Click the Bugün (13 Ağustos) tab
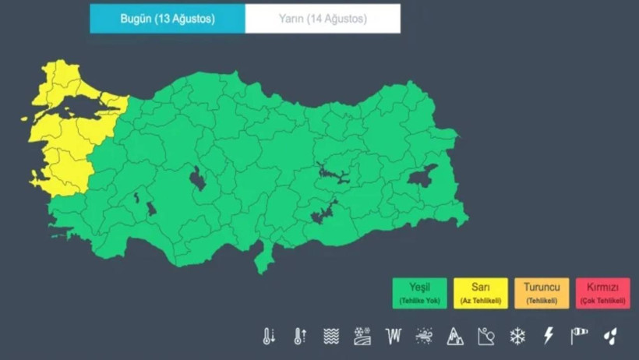(167, 19)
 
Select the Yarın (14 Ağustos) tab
(323, 19)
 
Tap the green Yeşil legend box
(420, 293)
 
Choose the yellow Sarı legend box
(480, 293)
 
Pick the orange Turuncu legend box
(542, 293)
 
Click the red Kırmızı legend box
(603, 293)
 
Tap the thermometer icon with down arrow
(269, 336)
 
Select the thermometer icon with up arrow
(300, 336)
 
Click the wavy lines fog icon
(331, 336)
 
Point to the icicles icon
(394, 336)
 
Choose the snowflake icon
(517, 336)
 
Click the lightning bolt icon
(548, 336)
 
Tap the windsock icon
(579, 336)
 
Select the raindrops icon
(610, 336)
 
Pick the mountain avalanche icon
(455, 336)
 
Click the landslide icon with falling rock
(486, 336)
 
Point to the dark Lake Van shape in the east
(422, 177)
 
